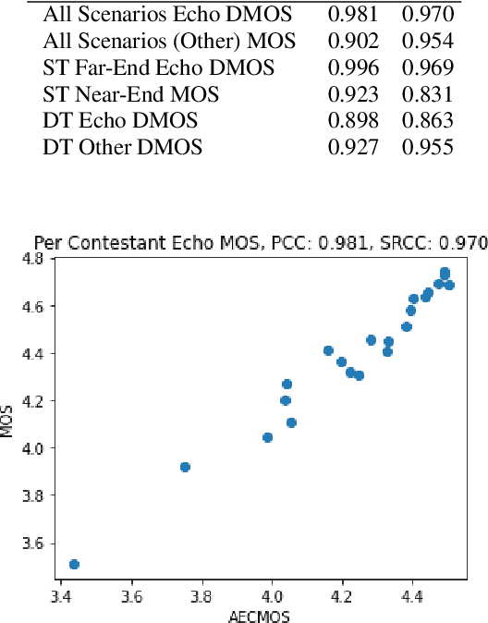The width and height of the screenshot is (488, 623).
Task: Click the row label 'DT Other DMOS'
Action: click(x=123, y=147)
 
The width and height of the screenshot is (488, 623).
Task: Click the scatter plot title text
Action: click(x=260, y=243)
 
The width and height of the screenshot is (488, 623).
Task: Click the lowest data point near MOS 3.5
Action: click(x=74, y=564)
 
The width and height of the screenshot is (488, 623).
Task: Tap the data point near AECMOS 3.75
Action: click(x=185, y=467)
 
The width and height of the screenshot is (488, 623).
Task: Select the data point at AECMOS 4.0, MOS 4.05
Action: click(x=267, y=437)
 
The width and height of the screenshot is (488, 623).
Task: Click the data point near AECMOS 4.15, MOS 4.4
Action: click(x=328, y=350)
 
